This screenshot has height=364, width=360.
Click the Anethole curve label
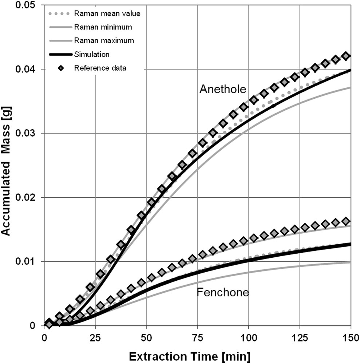click(x=223, y=89)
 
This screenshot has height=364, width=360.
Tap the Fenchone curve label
click(x=223, y=292)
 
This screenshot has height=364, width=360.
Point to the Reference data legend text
click(x=100, y=67)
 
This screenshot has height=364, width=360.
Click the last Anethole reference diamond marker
click(x=346, y=56)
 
